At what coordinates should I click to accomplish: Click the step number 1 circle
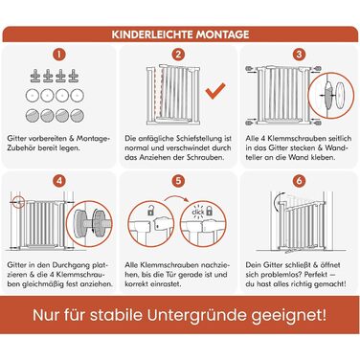tap(58, 55)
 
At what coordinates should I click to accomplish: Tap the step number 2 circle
tap(178, 55)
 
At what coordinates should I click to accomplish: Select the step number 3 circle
tap(299, 55)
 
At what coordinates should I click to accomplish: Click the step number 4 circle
tap(58, 181)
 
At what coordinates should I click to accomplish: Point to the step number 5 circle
tap(178, 181)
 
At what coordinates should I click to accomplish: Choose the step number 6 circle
tap(299, 181)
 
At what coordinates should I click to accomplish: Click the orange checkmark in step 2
tap(215, 91)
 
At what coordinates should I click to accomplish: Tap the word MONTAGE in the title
tap(222, 34)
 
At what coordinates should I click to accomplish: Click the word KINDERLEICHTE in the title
tap(152, 34)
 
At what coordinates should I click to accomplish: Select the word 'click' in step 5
tap(198, 212)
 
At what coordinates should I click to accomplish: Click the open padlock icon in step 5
tap(150, 211)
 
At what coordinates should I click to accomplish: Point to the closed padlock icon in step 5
tap(210, 211)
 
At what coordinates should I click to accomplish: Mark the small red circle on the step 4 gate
tap(19, 202)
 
